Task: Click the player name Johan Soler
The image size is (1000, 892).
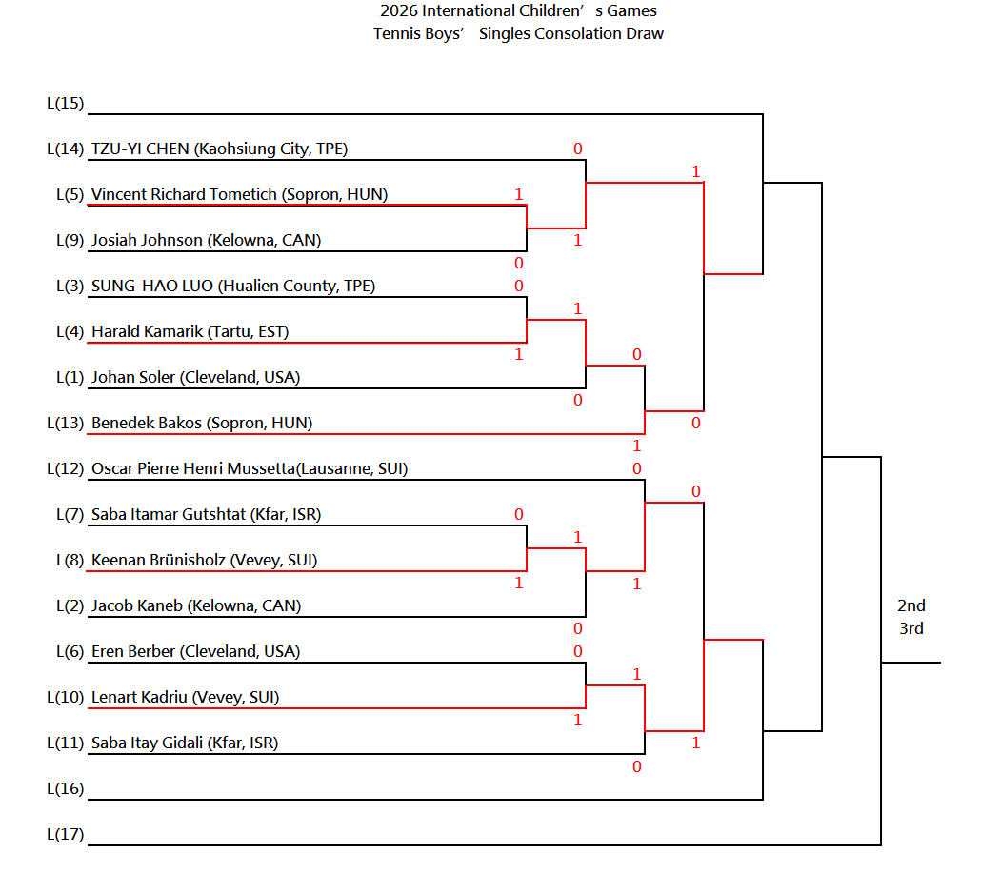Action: [132, 378]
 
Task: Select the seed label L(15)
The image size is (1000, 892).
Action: [65, 104]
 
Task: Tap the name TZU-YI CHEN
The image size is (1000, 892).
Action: [140, 149]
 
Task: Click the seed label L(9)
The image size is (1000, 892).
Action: [70, 241]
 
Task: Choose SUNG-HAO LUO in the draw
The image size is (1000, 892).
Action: [152, 287]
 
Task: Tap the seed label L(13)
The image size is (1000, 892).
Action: [65, 424]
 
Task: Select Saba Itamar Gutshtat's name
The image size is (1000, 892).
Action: [169, 514]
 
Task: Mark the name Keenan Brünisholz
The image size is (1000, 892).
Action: [158, 561]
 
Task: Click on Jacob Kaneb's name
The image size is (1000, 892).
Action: [137, 605]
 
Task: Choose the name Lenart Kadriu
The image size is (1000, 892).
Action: [139, 698]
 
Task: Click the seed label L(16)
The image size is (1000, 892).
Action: [65, 789]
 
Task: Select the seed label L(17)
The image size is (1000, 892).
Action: [65, 835]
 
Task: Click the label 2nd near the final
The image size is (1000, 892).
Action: [911, 605]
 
